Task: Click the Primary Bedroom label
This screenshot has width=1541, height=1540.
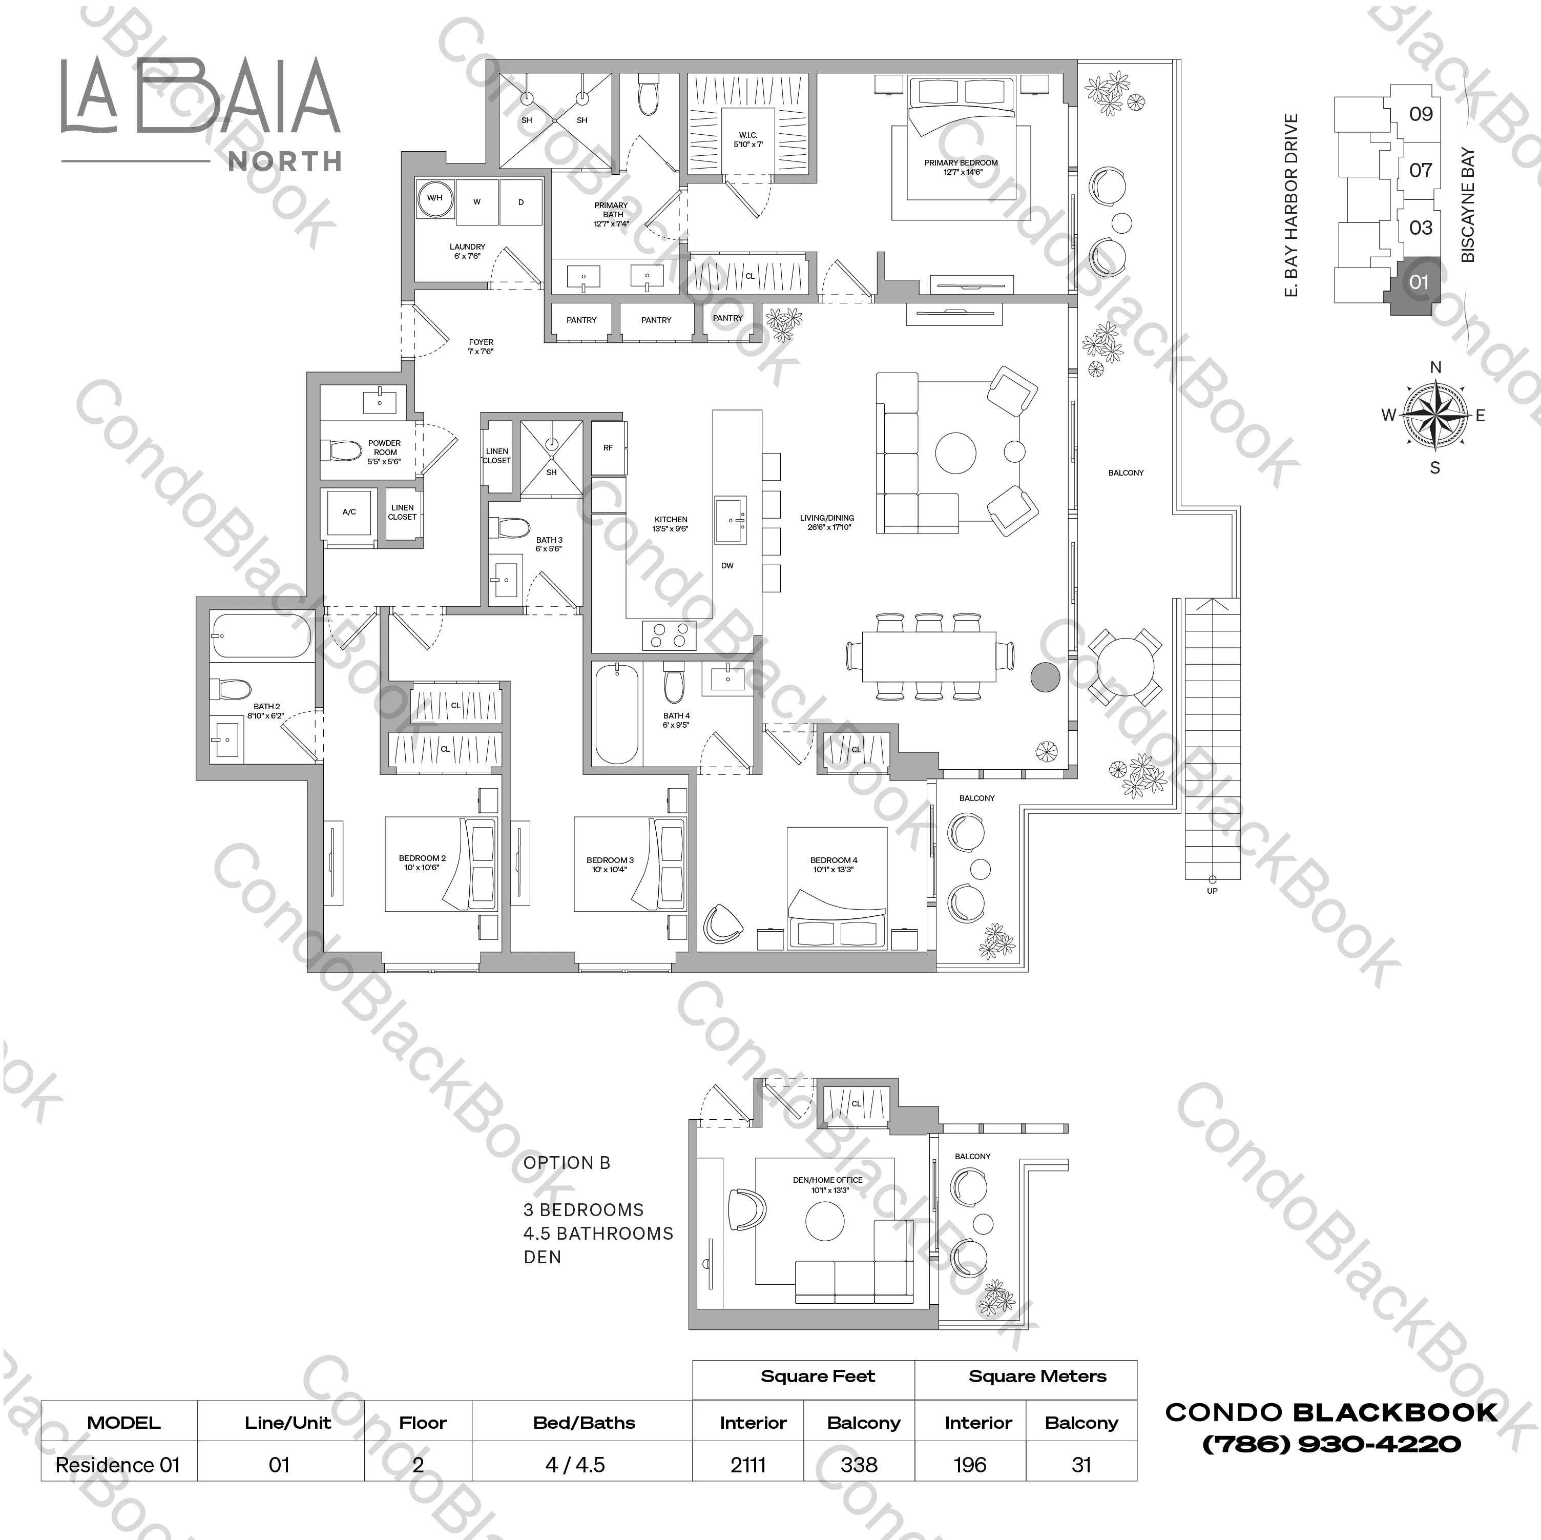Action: [961, 167]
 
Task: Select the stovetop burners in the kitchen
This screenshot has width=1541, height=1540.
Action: [669, 635]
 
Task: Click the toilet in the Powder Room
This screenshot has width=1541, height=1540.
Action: [345, 451]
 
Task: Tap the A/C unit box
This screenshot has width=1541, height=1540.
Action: [349, 512]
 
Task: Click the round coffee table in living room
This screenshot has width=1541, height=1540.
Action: [955, 453]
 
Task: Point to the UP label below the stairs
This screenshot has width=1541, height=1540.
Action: [1212, 891]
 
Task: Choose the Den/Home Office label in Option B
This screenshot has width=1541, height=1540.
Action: [827, 1184]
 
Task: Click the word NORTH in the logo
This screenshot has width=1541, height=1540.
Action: [285, 162]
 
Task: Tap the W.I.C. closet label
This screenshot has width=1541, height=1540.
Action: [747, 139]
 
